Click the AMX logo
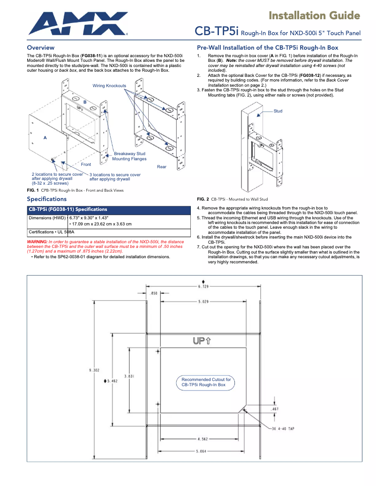click(77, 23)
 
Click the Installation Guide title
click(314, 16)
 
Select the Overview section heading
click(40, 48)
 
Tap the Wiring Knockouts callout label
click(109, 86)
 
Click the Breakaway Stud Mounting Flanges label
click(128, 156)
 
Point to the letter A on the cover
click(45, 138)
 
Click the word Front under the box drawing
click(86, 164)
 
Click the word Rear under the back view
click(161, 167)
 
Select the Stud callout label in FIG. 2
click(278, 111)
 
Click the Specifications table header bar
click(108, 209)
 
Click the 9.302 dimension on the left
click(94, 370)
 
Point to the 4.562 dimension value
click(203, 439)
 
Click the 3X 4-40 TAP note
click(283, 428)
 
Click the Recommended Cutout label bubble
click(206, 382)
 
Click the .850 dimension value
click(153, 293)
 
